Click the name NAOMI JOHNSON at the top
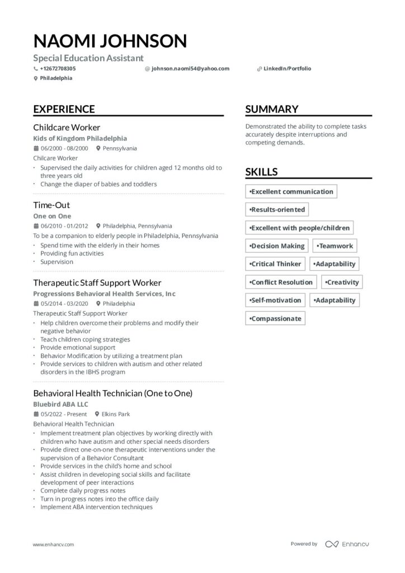[x=110, y=41]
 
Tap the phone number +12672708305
[x=58, y=69]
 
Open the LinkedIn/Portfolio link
[x=287, y=69]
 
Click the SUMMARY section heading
[x=271, y=109]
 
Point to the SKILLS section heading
[x=261, y=172]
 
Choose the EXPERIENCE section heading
[x=64, y=109]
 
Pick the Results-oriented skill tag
[x=277, y=210]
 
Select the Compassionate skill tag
[x=275, y=318]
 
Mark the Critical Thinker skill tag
[x=275, y=264]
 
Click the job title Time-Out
[x=51, y=205]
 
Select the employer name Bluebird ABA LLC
[x=60, y=404]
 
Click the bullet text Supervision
[x=56, y=262]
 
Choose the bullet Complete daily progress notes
[x=83, y=491]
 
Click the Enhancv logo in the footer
[x=347, y=544]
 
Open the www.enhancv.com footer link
[x=53, y=544]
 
